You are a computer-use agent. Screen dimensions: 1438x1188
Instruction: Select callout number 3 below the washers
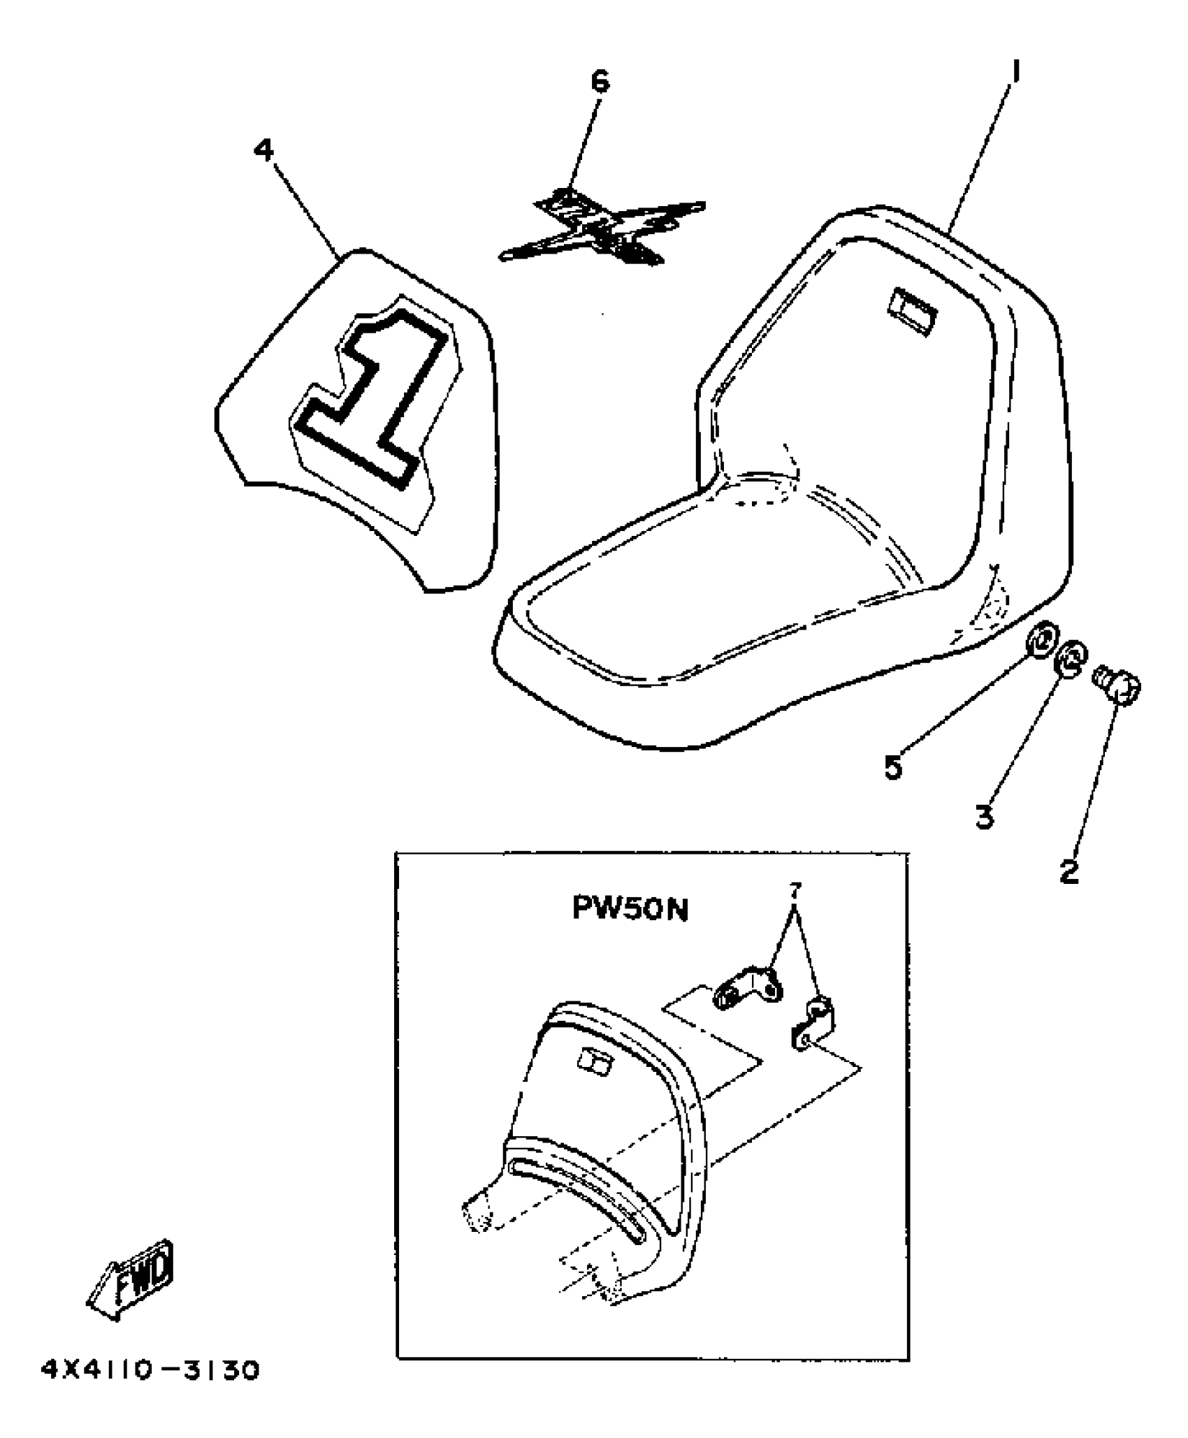985,815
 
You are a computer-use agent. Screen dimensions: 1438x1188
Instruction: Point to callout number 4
265,150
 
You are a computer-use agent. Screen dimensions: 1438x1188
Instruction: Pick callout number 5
894,767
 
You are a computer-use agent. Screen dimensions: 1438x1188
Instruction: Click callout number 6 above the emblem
600,82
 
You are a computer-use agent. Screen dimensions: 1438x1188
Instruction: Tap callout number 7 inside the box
795,890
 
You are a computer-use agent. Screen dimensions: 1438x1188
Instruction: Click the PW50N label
630,908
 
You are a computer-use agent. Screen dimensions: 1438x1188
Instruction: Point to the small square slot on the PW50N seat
594,1066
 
